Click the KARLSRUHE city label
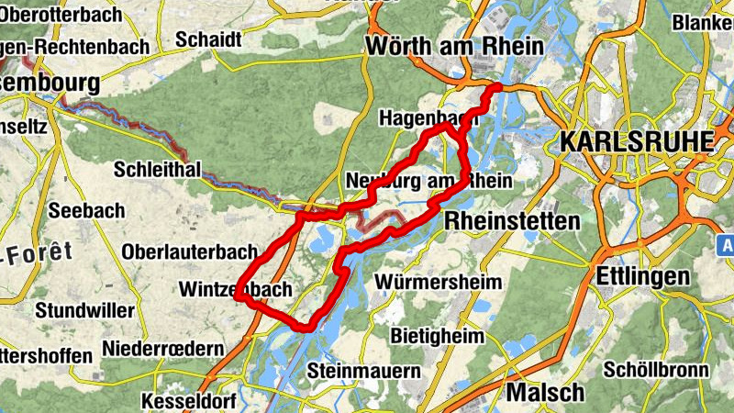pyautogui.click(x=636, y=141)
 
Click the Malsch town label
pyautogui.click(x=545, y=393)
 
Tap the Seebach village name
pyautogui.click(x=87, y=210)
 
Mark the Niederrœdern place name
pyautogui.click(x=163, y=349)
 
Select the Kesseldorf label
pyautogui.click(x=189, y=401)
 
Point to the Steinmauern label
pyautogui.click(x=364, y=371)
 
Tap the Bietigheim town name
pyautogui.click(x=438, y=335)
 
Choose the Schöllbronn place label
pyautogui.click(x=657, y=370)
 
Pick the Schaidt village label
pyautogui.click(x=208, y=39)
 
